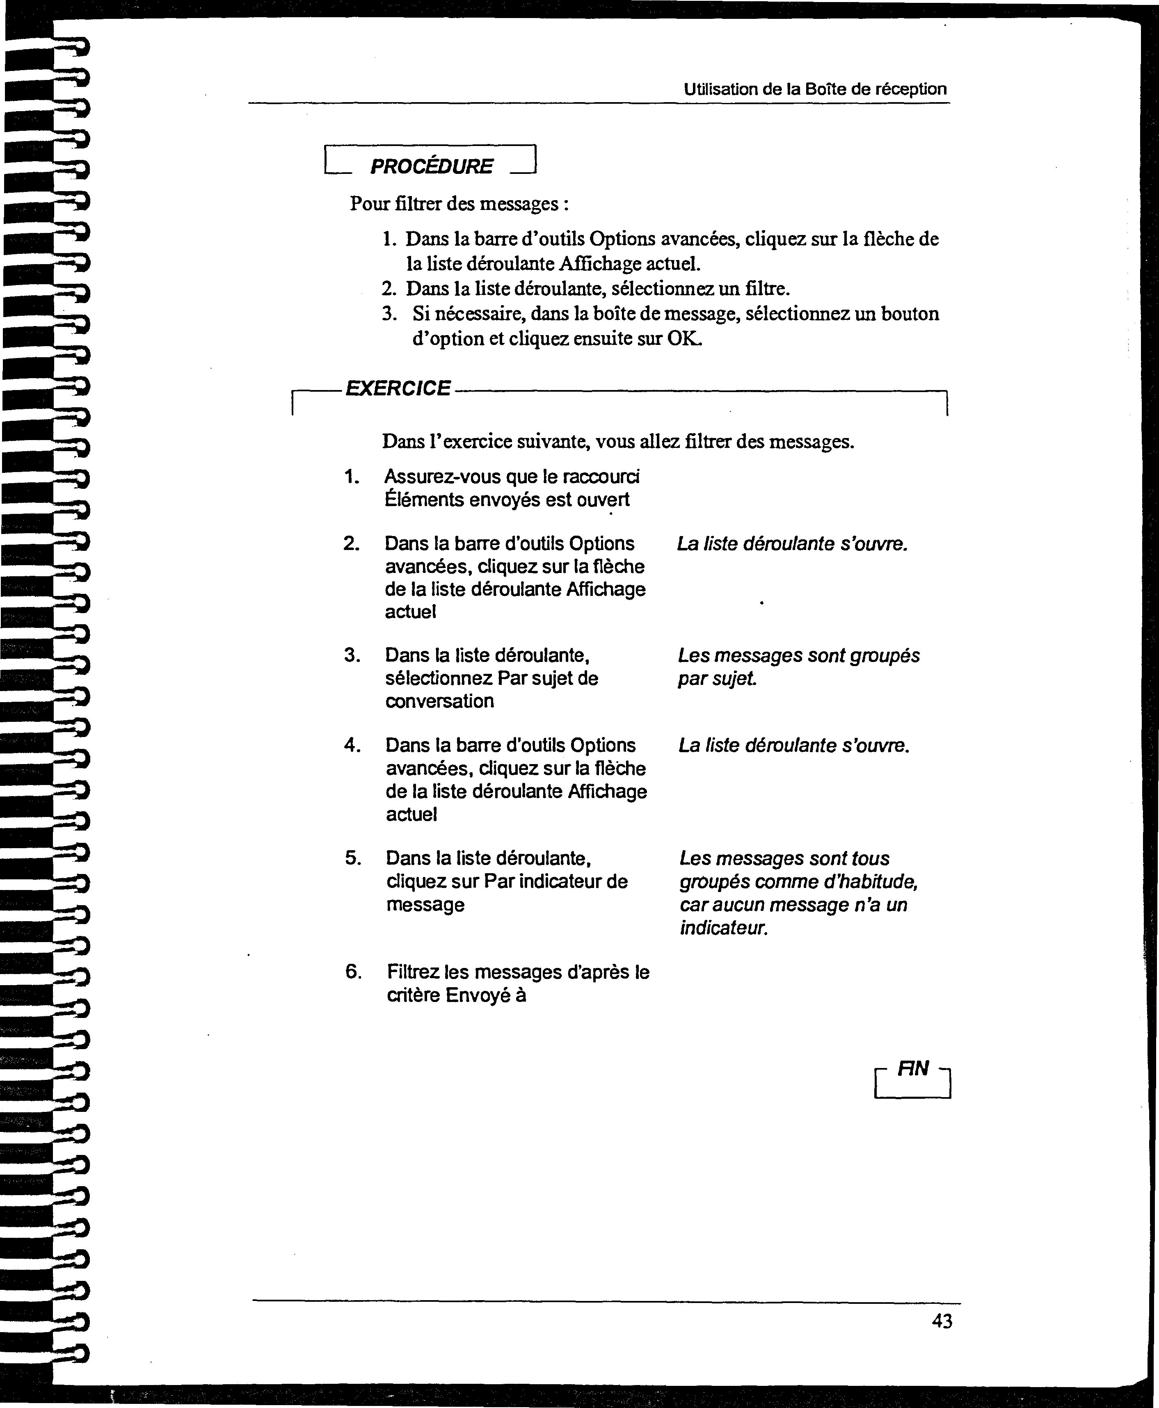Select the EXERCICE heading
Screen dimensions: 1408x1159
pyautogui.click(x=398, y=388)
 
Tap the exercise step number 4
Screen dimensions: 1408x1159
pyautogui.click(x=352, y=745)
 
